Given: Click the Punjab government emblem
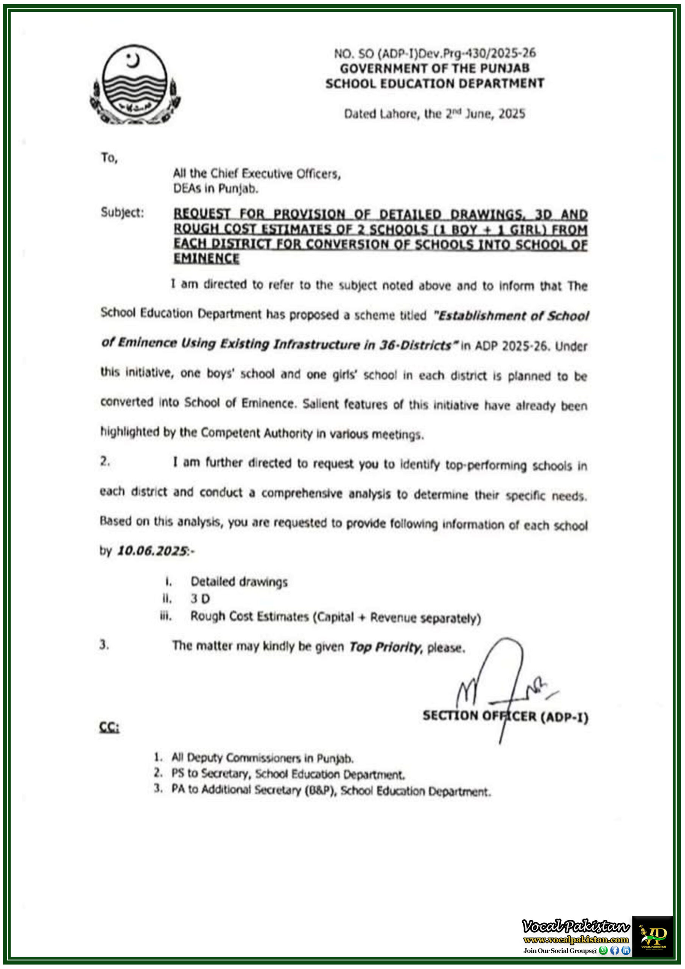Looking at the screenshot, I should (135, 85).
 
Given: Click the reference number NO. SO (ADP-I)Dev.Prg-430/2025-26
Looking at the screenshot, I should (435, 53).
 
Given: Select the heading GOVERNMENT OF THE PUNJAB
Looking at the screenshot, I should (435, 69).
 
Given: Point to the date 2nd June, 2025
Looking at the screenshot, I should (486, 114).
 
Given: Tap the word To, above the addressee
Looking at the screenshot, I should (109, 158).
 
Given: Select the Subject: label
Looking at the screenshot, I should (122, 212).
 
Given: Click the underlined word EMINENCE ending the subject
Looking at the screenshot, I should (206, 258).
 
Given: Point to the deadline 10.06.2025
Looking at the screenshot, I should (152, 551).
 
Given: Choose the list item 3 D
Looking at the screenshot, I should (200, 599).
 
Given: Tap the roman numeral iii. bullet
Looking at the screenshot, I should (165, 617).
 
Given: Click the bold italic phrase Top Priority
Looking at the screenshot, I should (385, 647).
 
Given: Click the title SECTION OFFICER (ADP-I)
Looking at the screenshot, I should (505, 716).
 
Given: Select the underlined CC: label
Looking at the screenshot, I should (109, 727).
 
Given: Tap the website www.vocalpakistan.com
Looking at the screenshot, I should (576, 939).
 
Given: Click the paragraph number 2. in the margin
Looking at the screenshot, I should (105, 462).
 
